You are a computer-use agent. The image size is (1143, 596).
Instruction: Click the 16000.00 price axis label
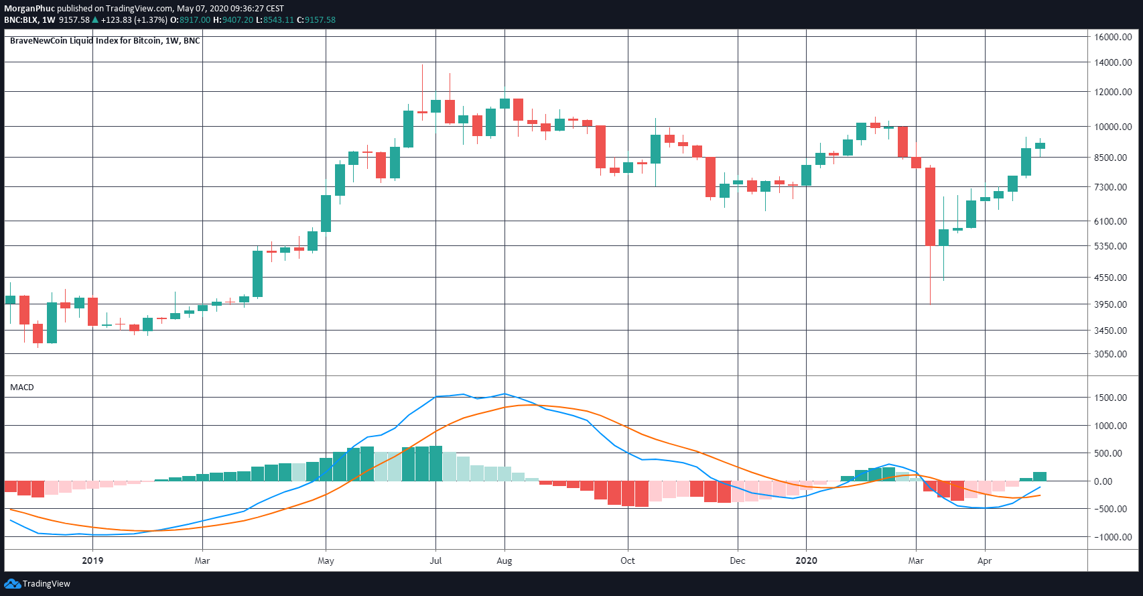click(1113, 37)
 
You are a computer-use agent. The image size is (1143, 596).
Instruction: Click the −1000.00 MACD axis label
click(1112, 537)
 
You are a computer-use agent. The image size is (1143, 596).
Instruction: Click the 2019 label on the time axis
click(92, 560)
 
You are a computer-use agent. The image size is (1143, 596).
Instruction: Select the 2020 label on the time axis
click(806, 560)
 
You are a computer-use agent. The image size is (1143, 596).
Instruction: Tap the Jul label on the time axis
click(435, 560)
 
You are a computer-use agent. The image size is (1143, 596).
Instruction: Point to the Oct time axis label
click(627, 560)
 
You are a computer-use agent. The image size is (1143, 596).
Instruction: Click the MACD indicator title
click(22, 388)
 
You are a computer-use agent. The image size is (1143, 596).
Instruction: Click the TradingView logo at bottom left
click(38, 584)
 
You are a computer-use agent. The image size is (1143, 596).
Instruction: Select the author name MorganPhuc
click(29, 9)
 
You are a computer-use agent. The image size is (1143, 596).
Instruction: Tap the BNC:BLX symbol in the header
click(20, 20)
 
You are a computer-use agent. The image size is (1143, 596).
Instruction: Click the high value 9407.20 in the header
click(238, 20)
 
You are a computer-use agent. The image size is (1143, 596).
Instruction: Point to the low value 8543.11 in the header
click(278, 20)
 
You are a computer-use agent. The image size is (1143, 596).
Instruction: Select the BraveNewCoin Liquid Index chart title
click(105, 41)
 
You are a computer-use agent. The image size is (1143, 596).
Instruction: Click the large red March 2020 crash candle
click(930, 206)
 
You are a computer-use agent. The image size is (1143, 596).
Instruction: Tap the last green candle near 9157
click(1040, 145)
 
